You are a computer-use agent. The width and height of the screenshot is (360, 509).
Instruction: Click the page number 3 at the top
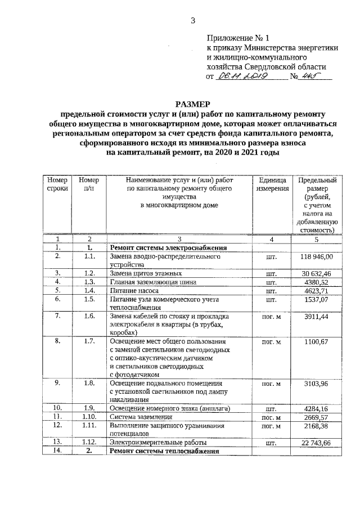192,21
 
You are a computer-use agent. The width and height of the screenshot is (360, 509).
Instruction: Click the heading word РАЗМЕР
192,105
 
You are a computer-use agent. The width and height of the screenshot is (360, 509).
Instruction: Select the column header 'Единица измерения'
273,184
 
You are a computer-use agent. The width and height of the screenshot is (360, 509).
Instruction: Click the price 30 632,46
317,273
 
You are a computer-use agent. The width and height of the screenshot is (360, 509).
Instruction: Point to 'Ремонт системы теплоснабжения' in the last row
164,452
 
